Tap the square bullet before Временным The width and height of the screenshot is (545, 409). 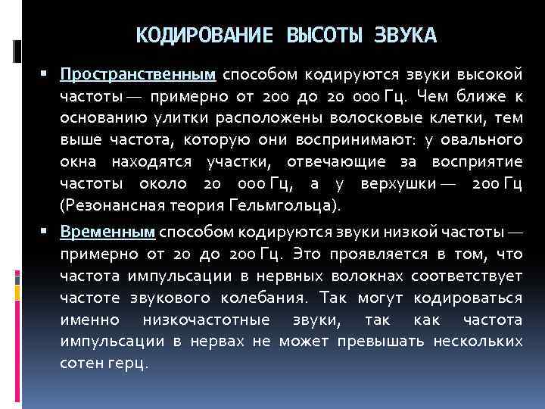click(x=46, y=231)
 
